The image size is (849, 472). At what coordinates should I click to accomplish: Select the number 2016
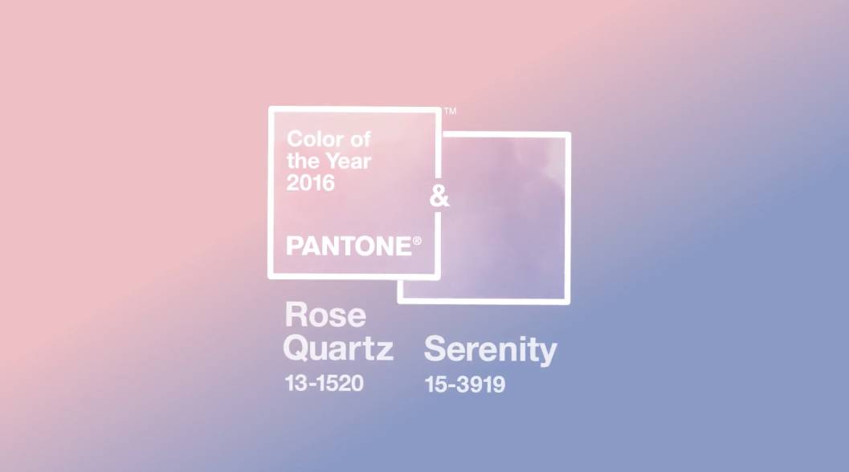pos(311,183)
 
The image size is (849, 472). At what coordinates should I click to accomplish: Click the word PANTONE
pos(349,246)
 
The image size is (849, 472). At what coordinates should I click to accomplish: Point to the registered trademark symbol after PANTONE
pos(417,241)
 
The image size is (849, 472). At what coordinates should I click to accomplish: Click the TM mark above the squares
pos(450,111)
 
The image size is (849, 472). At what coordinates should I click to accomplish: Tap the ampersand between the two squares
pos(439,196)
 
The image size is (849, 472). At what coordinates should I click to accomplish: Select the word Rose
pos(325,315)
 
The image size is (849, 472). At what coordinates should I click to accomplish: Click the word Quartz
pos(338,348)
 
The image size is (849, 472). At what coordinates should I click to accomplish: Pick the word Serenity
pos(491,350)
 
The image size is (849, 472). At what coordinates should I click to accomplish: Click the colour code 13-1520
pos(324,383)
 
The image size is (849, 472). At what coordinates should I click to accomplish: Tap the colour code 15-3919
pos(465,385)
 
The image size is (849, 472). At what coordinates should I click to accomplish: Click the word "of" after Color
pos(360,139)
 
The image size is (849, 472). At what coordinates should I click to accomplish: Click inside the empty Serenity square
pos(504,217)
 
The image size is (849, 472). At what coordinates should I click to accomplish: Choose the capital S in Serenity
pos(435,348)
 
